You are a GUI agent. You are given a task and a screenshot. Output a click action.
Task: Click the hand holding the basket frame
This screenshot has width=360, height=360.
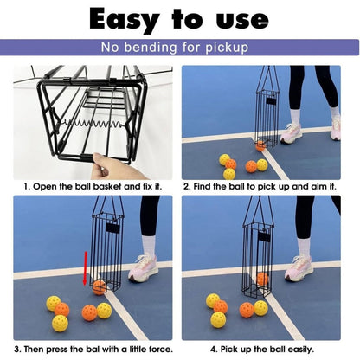[x=116, y=164]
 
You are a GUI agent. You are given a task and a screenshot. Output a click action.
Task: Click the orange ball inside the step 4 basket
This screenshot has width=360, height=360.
[x=263, y=279]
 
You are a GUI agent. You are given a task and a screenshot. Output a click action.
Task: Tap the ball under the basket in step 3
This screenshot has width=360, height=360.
[x=100, y=286]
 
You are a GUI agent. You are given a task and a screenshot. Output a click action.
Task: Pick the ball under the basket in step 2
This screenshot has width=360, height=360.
[x=260, y=145]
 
